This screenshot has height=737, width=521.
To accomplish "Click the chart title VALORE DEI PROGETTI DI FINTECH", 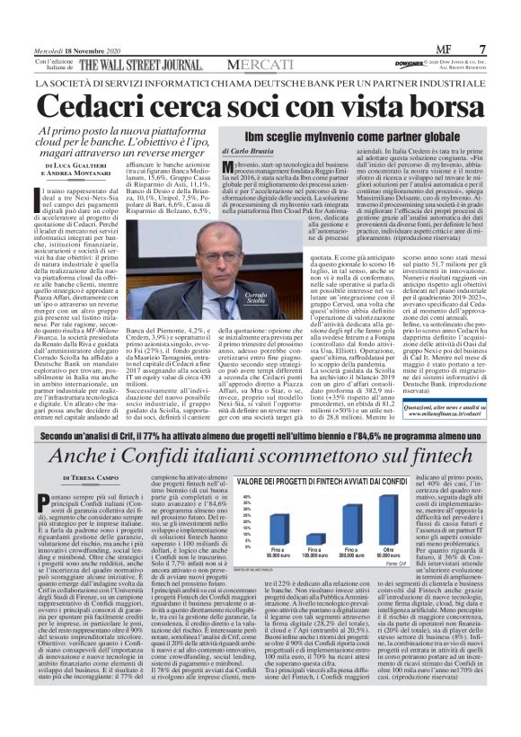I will [301, 482].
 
